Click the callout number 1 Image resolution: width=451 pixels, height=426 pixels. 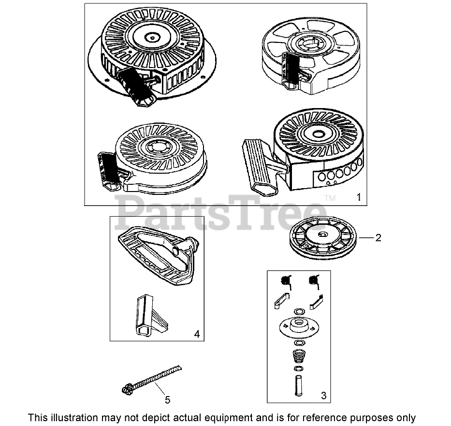point(359,197)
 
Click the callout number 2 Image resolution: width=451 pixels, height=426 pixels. point(378,238)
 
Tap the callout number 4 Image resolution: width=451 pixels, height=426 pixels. point(197,334)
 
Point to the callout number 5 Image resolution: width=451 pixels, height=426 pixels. point(167,399)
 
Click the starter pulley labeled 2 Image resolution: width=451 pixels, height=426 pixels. point(323,238)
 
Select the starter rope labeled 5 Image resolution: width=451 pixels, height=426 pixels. point(152,380)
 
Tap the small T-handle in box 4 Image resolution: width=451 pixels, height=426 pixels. point(150,315)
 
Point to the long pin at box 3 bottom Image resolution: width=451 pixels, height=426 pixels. point(299,385)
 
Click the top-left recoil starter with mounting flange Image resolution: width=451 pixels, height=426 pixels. point(152,56)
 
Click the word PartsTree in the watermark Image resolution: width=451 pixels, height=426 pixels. point(220,213)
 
